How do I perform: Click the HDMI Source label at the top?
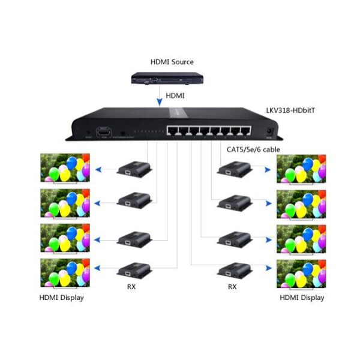point(172,61)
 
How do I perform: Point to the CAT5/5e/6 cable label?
point(253,149)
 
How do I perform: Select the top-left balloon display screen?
point(64,168)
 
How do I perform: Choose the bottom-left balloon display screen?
point(64,273)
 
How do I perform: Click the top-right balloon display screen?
point(301,168)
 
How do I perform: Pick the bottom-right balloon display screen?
point(301,273)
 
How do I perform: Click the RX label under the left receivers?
point(131,287)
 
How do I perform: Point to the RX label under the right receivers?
point(233,287)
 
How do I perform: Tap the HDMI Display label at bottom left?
point(61,298)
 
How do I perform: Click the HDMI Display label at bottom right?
point(301,298)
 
